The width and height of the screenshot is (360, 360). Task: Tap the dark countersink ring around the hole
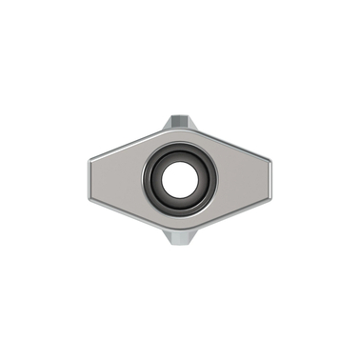(x=180, y=155)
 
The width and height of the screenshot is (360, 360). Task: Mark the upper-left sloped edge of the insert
(x=124, y=143)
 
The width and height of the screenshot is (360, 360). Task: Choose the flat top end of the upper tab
(x=180, y=117)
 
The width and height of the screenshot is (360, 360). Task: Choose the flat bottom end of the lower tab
(x=180, y=242)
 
